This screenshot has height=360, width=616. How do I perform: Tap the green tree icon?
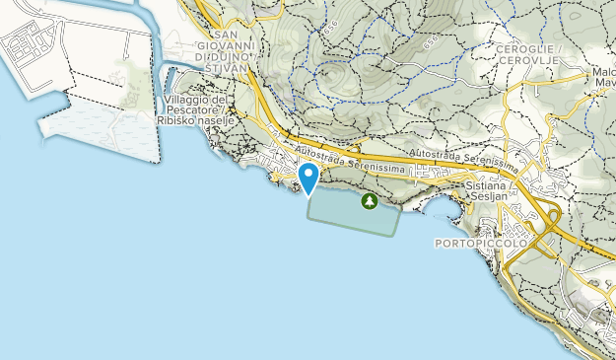click(x=369, y=201)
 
